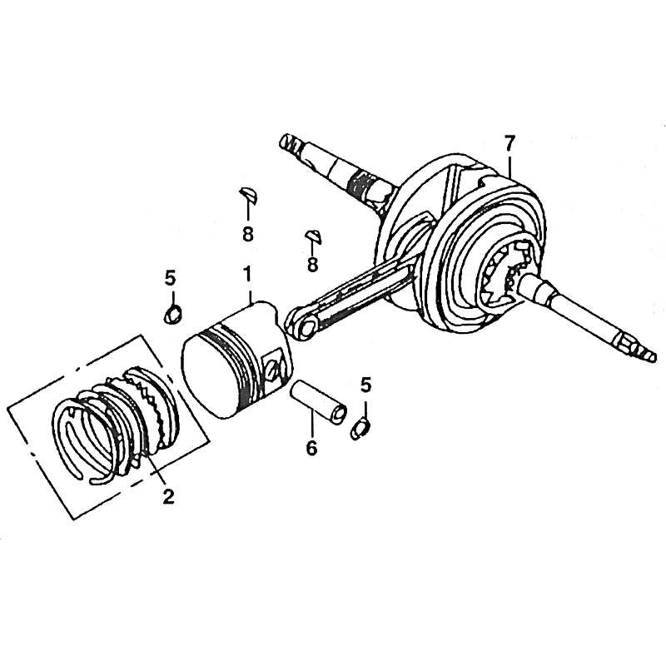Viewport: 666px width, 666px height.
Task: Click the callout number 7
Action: [509, 145]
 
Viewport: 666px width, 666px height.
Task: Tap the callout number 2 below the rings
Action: [169, 495]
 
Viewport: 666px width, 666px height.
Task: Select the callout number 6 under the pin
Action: [311, 448]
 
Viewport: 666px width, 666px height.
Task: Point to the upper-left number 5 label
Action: [170, 278]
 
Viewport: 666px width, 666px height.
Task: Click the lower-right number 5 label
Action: [365, 385]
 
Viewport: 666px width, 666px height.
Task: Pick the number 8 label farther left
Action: [247, 233]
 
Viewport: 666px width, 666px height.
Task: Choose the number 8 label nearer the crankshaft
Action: [313, 265]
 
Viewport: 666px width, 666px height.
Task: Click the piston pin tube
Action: [318, 402]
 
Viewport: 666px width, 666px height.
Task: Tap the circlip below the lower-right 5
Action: [360, 429]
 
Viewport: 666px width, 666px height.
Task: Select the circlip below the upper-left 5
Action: [173, 315]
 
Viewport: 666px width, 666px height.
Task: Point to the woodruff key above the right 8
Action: [315, 237]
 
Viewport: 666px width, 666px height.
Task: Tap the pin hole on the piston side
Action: [274, 368]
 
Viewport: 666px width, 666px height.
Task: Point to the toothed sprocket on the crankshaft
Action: [504, 276]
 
